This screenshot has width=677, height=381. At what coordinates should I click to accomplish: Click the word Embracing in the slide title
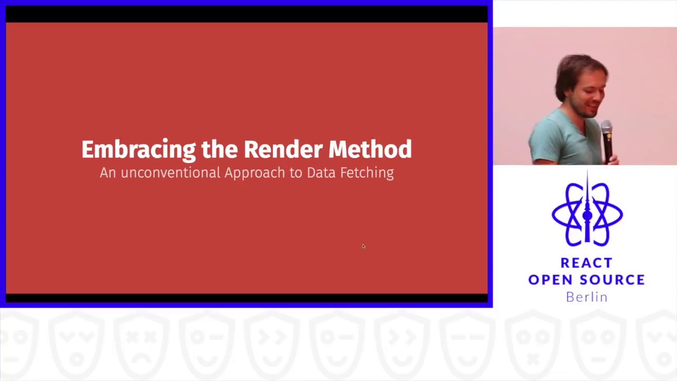click(139, 150)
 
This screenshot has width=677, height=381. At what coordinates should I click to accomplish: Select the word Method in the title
click(370, 149)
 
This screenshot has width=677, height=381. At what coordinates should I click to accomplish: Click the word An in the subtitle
click(107, 173)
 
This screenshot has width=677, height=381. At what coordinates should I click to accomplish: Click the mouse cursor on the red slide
click(363, 246)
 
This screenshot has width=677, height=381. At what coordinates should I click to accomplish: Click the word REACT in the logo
click(586, 263)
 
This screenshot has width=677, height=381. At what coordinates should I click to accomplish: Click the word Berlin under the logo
click(587, 297)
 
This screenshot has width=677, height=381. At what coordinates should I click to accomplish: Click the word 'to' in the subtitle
click(295, 173)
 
